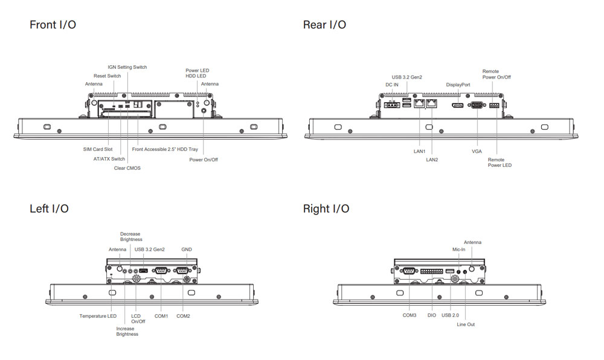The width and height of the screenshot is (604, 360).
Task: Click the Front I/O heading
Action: tap(53, 25)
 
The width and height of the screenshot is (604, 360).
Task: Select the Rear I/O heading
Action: tap(324, 25)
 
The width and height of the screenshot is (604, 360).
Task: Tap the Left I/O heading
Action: tap(49, 209)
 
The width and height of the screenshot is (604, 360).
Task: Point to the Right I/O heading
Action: tap(326, 209)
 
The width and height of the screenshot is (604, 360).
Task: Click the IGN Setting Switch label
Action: tap(127, 67)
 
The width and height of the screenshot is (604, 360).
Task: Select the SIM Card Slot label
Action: tap(98, 149)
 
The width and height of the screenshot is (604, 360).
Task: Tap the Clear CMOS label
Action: tap(127, 168)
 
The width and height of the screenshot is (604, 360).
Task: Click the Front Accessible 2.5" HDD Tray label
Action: tap(165, 149)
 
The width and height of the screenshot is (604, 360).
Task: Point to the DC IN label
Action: tap(392, 85)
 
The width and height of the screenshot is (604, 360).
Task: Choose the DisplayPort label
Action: tap(458, 85)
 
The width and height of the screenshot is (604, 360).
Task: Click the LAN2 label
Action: tap(432, 159)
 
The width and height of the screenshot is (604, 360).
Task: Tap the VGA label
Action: tap(477, 151)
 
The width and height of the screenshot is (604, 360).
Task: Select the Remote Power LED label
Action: tap(500, 162)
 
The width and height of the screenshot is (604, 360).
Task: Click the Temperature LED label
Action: tap(98, 316)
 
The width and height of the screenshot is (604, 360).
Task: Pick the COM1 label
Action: tap(161, 316)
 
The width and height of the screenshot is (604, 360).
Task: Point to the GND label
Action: tap(187, 249)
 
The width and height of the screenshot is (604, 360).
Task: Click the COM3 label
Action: tap(410, 315)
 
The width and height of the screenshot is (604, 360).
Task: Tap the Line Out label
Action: tap(466, 324)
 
